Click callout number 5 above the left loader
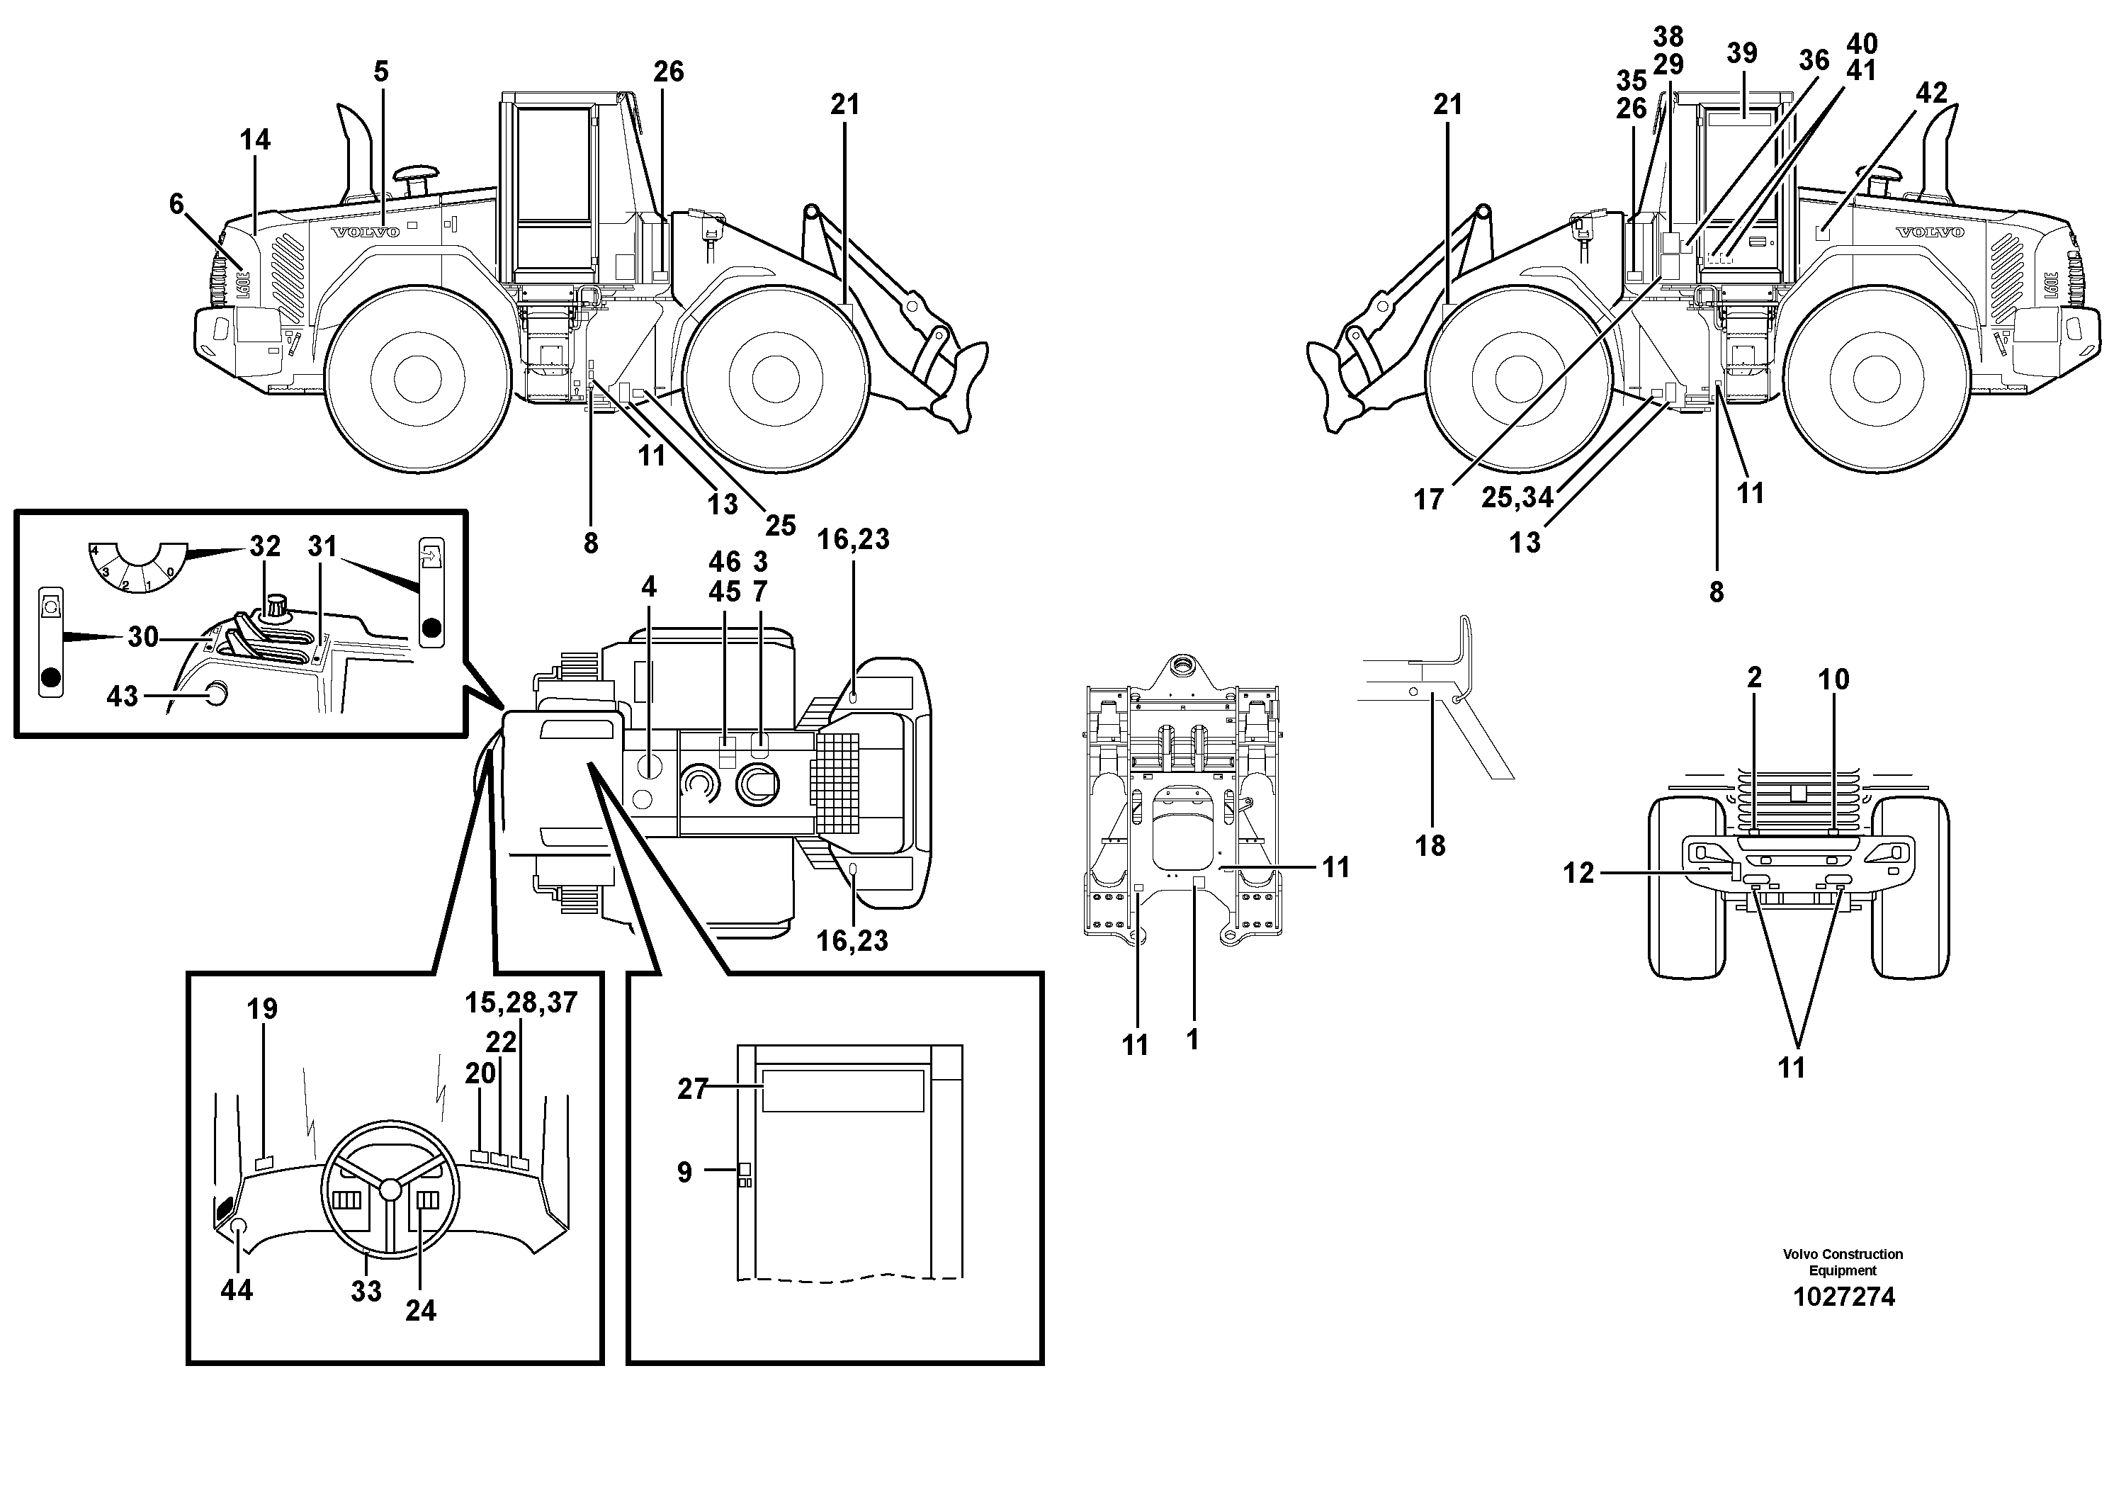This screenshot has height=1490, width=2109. (x=381, y=72)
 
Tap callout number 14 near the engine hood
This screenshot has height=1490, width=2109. (x=255, y=140)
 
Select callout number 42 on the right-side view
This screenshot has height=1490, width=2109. (x=1932, y=93)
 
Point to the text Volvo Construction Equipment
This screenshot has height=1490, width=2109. (x=1843, y=1262)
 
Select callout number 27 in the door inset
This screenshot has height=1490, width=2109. (x=693, y=1090)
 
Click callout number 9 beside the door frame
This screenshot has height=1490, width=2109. (x=684, y=1172)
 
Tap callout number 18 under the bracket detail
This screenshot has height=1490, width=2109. (x=1430, y=846)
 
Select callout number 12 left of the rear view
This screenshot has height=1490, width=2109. (x=1579, y=873)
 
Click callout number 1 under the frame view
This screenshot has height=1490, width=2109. (x=1192, y=1040)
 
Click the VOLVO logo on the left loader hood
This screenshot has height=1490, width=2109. (x=366, y=232)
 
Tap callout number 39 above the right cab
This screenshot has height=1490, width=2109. (x=1741, y=53)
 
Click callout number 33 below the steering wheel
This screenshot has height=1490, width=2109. (x=366, y=1292)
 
